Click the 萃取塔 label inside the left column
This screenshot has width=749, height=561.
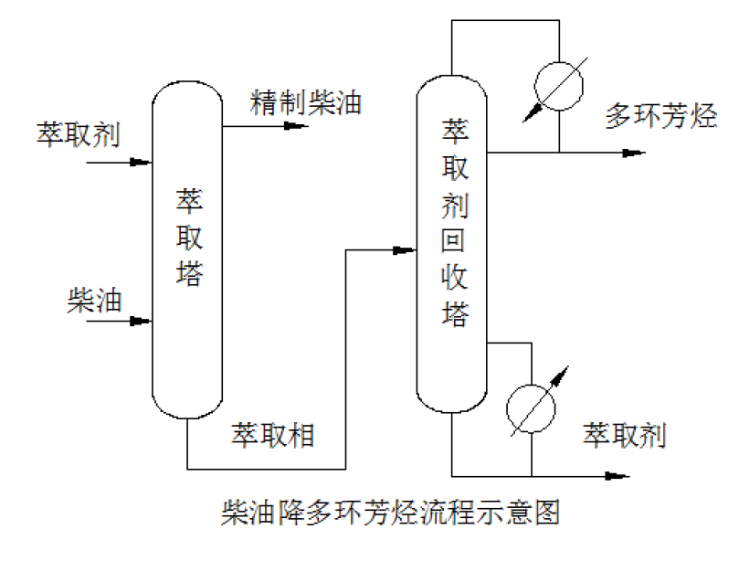(189, 237)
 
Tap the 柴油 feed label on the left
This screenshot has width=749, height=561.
(94, 300)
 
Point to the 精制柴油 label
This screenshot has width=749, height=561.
(306, 102)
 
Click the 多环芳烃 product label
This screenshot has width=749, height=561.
(661, 116)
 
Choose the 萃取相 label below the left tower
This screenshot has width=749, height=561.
(272, 434)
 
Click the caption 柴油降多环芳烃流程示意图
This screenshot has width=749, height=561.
(390, 512)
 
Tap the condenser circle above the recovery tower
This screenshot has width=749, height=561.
(558, 89)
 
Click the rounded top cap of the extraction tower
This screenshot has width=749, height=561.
(188, 91)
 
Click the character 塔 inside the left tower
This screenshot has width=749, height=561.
(189, 273)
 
